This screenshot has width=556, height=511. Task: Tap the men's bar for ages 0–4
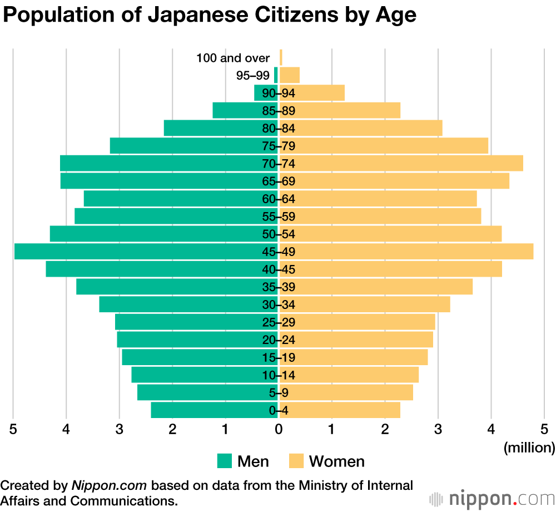(x=214, y=411)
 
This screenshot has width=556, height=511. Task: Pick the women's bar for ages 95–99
(x=290, y=75)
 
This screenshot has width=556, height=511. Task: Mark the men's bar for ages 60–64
(x=181, y=199)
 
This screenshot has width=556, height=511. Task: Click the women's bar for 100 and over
(x=281, y=57)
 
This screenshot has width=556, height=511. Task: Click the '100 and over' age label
(x=233, y=58)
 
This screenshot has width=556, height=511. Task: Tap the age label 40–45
(x=279, y=269)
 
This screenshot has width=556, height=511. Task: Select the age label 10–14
(x=279, y=375)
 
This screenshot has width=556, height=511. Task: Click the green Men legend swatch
(x=224, y=461)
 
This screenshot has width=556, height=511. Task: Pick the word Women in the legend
(x=337, y=461)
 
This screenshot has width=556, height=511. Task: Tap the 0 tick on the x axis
(x=279, y=429)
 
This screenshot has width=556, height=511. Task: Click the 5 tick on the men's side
(x=13, y=429)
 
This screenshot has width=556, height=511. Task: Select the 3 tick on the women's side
(x=438, y=429)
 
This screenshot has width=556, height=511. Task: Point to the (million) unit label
(x=529, y=447)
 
